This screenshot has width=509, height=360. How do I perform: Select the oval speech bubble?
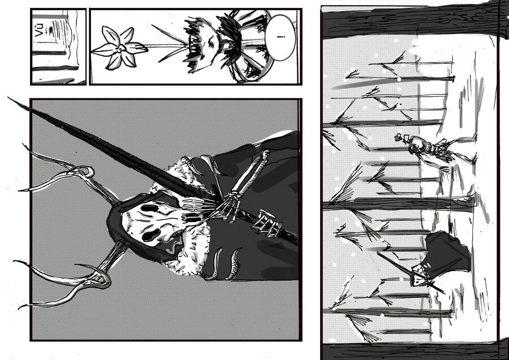[281, 38]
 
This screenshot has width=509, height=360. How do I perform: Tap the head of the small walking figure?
[400, 137]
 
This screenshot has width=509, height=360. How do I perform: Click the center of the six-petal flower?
[119, 48]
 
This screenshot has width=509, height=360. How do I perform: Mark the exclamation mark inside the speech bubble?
[281, 38]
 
